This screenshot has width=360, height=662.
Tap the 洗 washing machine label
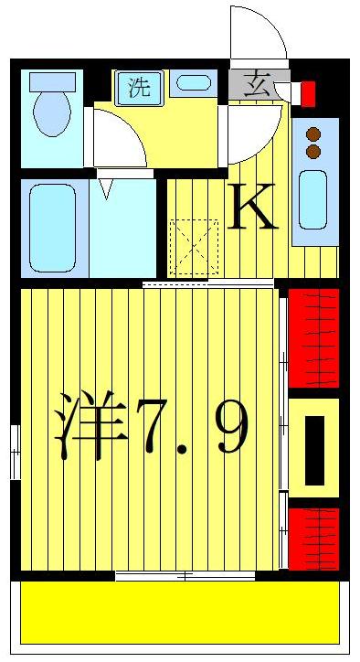point(138,88)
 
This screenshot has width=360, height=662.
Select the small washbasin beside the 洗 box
point(194,83)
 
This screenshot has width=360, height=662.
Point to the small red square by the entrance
point(308,93)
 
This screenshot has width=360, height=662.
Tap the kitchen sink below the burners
point(313,200)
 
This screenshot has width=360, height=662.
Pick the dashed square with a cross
point(195,245)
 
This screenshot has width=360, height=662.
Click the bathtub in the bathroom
point(52,228)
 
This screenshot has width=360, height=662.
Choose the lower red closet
point(313,538)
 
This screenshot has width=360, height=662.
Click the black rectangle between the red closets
point(314,449)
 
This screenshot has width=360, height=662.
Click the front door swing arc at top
point(259,35)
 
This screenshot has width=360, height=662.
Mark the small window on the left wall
point(16,452)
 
